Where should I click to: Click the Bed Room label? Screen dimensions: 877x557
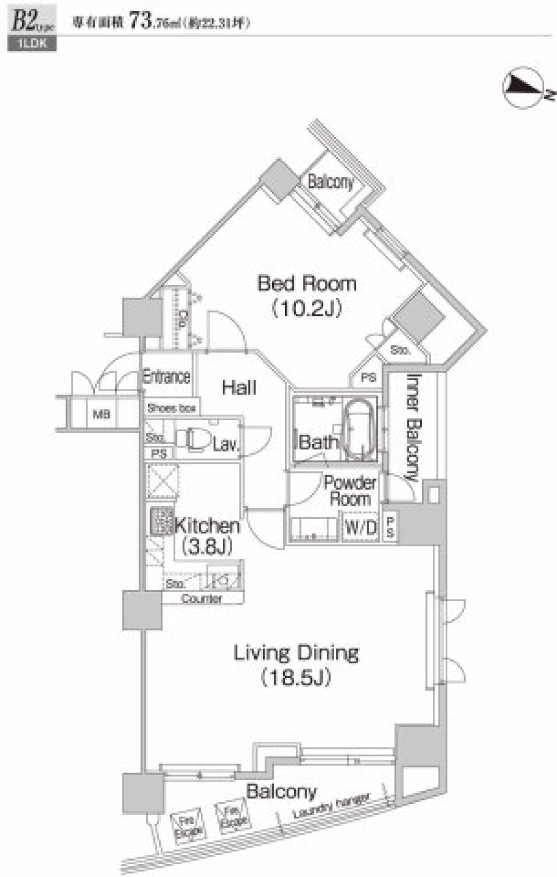pyautogui.click(x=306, y=284)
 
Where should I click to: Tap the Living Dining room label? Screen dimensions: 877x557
pyautogui.click(x=296, y=653)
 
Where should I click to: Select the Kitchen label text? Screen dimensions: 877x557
pyautogui.click(x=207, y=526)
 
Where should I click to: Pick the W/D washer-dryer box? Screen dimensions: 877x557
pyautogui.click(x=360, y=528)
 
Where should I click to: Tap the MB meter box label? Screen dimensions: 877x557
pyautogui.click(x=102, y=414)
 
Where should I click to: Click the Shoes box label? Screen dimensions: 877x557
pyautogui.click(x=171, y=408)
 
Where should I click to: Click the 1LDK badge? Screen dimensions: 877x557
pyautogui.click(x=32, y=44)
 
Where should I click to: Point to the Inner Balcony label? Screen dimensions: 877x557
pyautogui.click(x=413, y=427)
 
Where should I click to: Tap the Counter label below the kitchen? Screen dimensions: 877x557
pyautogui.click(x=201, y=598)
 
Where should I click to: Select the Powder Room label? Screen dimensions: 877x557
pyautogui.click(x=350, y=490)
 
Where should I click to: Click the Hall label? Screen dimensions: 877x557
pyautogui.click(x=239, y=388)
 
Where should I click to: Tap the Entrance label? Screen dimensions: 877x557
pyautogui.click(x=167, y=376)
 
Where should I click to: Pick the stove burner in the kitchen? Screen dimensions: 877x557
pyautogui.click(x=162, y=521)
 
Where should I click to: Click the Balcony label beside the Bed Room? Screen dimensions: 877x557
pyautogui.click(x=330, y=182)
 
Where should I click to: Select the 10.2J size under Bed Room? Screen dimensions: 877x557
pyautogui.click(x=306, y=308)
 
